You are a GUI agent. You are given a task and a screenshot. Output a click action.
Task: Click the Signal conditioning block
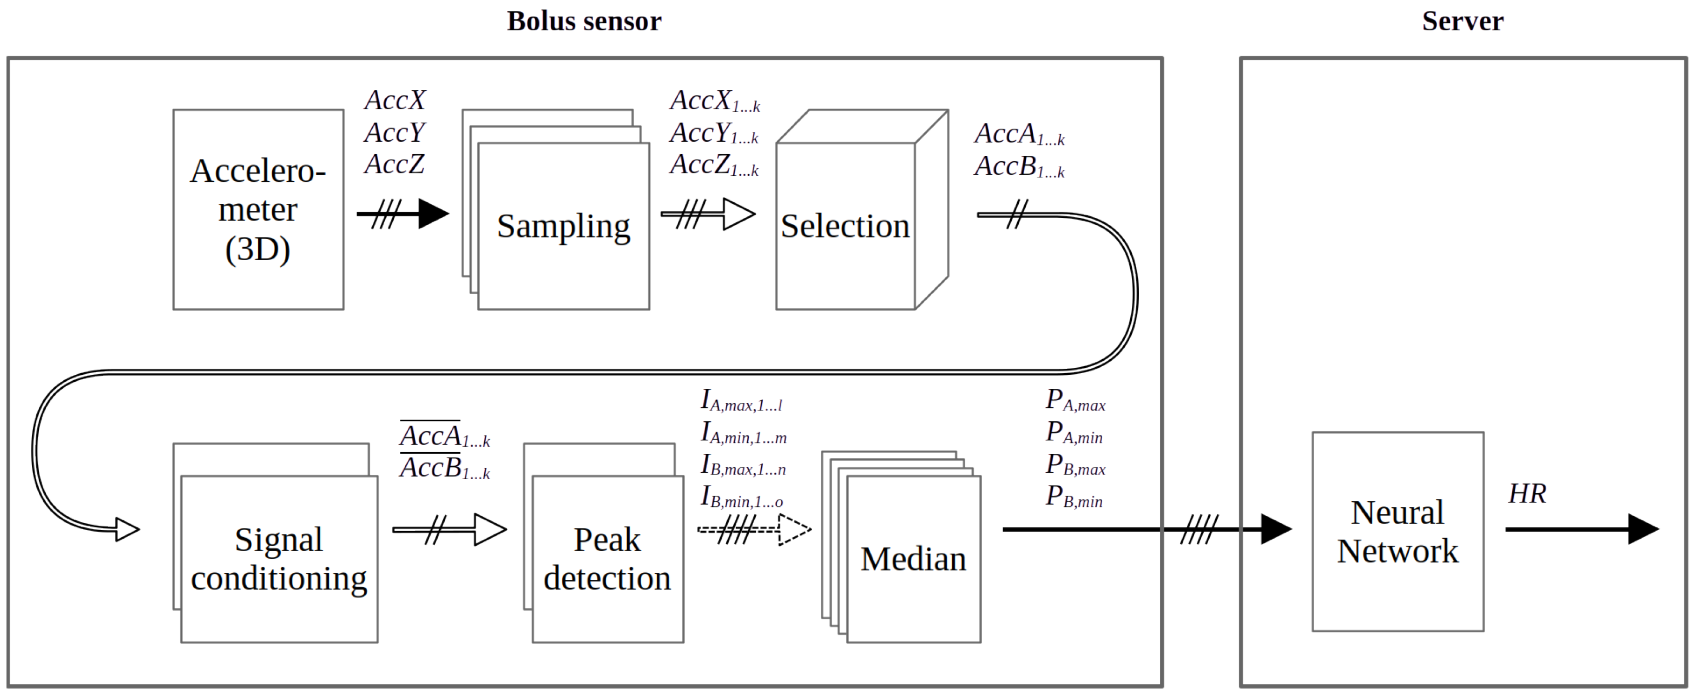(x=279, y=559)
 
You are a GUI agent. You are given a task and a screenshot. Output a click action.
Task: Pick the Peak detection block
(x=607, y=559)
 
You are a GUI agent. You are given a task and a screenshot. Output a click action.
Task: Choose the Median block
(x=913, y=559)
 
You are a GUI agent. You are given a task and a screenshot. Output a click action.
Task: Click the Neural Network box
(x=1398, y=531)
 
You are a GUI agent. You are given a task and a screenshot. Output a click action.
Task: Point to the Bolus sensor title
(x=583, y=21)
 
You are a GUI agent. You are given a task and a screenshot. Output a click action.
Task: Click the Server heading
(x=1462, y=21)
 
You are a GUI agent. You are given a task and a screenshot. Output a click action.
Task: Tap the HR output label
(x=1527, y=494)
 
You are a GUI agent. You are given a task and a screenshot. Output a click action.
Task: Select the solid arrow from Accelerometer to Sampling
(x=403, y=214)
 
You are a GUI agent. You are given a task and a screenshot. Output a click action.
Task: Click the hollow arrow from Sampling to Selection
(x=708, y=214)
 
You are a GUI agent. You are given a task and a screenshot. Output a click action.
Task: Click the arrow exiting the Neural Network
(x=1581, y=528)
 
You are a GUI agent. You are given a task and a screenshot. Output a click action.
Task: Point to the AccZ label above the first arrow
(x=394, y=164)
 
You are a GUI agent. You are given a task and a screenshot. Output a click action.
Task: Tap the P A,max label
(x=1075, y=400)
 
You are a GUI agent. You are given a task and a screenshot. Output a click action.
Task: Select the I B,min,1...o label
(x=742, y=497)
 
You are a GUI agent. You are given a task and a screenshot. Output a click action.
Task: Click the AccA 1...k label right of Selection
(x=1019, y=134)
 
